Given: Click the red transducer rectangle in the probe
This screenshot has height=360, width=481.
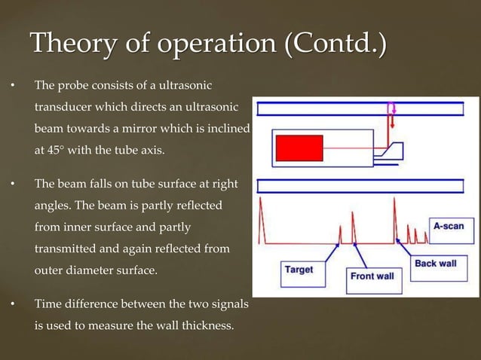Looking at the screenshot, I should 299,148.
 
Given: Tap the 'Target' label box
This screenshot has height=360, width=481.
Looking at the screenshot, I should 299,269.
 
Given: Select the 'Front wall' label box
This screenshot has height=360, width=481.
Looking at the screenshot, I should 372,276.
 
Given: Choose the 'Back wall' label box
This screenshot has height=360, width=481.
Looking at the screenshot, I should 435,264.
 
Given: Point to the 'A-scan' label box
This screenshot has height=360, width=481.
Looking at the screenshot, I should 448,226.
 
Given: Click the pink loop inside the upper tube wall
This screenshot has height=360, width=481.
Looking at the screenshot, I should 391,109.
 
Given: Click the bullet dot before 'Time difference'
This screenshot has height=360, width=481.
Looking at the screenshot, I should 13,305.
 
